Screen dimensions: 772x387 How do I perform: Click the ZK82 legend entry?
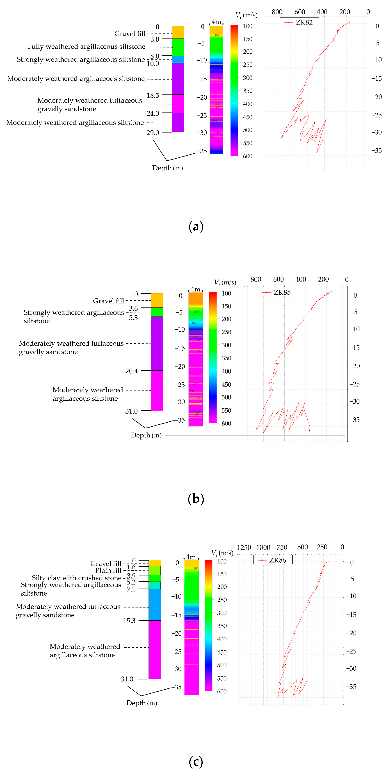point(299,22)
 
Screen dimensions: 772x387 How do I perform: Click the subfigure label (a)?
point(196,227)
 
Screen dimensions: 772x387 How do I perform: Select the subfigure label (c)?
point(196,761)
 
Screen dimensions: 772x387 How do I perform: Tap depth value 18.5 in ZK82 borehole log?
point(153,95)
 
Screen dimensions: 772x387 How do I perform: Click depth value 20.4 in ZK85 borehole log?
point(131,371)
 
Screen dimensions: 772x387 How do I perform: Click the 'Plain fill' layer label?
point(108,570)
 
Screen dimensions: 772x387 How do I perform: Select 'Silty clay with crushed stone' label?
point(76,578)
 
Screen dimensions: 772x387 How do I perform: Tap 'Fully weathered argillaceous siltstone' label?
point(86,46)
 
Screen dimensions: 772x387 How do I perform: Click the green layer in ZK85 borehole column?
point(157,312)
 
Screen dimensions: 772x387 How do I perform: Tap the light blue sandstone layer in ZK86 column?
point(154,604)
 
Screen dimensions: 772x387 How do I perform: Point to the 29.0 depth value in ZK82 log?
point(153,133)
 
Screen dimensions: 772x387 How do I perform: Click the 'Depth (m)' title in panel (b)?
point(146,435)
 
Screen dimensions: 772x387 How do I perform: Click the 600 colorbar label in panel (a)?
point(248,156)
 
